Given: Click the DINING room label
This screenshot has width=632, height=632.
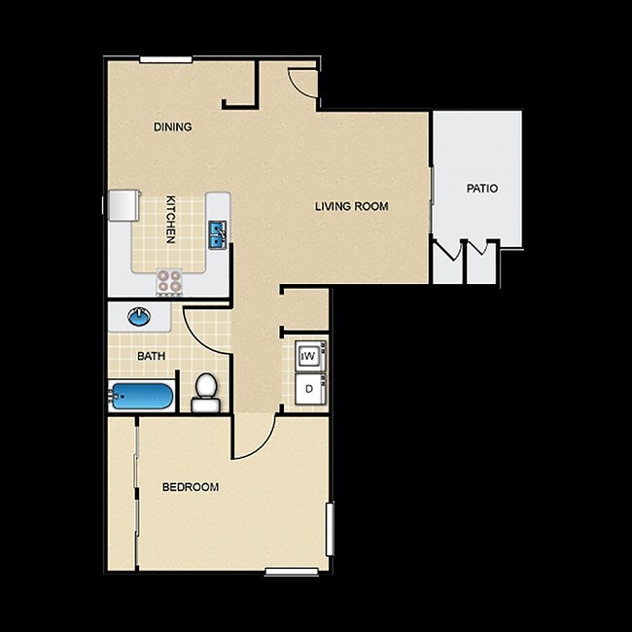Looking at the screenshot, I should click(172, 126).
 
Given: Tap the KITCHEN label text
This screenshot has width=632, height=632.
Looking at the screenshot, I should click(170, 219).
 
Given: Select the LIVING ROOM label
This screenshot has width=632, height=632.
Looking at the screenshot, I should click(351, 206).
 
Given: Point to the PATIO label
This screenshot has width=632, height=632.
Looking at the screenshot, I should click(481, 188).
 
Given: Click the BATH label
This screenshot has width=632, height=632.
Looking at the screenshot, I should click(151, 356).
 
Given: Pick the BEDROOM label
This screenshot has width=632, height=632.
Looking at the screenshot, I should click(190, 487).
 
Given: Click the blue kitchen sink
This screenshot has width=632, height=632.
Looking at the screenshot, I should click(218, 233).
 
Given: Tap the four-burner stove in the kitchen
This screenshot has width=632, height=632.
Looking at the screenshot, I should click(169, 280).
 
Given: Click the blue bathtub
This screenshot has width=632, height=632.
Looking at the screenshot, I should click(142, 397).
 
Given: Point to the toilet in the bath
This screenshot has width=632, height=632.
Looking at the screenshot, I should click(204, 392).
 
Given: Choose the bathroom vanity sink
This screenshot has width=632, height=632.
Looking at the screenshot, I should click(140, 316).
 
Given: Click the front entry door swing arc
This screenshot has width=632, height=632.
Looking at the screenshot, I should click(303, 82).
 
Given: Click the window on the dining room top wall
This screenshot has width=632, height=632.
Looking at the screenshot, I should click(164, 60).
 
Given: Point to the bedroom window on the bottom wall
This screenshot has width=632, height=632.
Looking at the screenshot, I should click(292, 572).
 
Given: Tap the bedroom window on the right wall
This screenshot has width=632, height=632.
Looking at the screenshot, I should click(331, 531).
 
